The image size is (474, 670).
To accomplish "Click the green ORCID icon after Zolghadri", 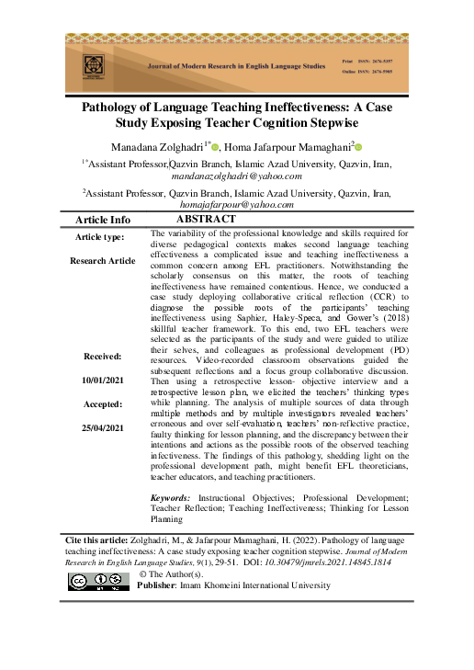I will (215, 146).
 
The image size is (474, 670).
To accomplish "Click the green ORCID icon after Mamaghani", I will (359, 146).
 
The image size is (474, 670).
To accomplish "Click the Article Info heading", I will (102, 221).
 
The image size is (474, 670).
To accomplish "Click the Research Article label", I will (102, 261).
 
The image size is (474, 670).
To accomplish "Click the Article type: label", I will (102, 237).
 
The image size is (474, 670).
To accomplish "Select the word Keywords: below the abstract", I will (172, 497).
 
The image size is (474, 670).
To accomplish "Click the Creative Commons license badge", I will (98, 581).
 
